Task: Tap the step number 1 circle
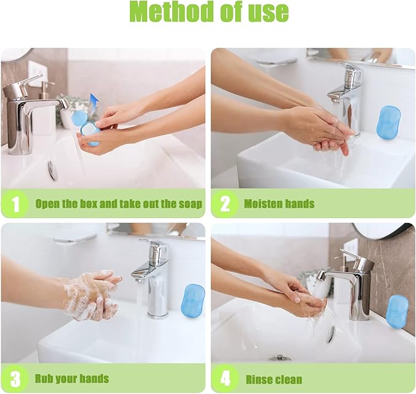tap(15, 203)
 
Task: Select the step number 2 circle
tap(225, 203)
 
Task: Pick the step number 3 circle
tap(15, 379)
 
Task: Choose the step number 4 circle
tap(225, 379)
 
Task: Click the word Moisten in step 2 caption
tap(262, 204)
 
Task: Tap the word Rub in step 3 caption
tap(44, 379)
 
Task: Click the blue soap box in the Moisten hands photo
tap(388, 122)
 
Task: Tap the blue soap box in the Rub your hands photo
tap(193, 300)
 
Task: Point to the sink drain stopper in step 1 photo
tap(53, 170)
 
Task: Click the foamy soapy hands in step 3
tap(90, 295)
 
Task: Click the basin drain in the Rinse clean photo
tap(279, 358)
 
